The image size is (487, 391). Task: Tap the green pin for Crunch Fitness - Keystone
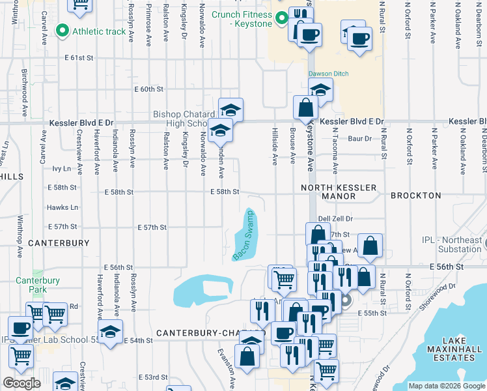click(x=282, y=18)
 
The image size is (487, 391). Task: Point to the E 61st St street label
click(x=79, y=58)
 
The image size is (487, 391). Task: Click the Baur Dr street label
click(x=359, y=139)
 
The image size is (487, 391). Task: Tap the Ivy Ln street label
click(x=61, y=168)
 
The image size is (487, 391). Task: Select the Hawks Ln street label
click(x=63, y=207)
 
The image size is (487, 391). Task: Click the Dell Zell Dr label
click(x=335, y=220)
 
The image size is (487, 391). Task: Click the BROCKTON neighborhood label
click(x=416, y=195)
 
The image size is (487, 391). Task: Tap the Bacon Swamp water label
click(x=243, y=236)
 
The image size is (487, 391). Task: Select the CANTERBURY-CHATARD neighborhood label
click(x=202, y=333)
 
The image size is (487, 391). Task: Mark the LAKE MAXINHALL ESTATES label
click(x=457, y=349)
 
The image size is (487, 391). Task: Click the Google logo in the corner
click(x=21, y=383)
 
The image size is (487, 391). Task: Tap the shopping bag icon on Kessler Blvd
click(x=305, y=108)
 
